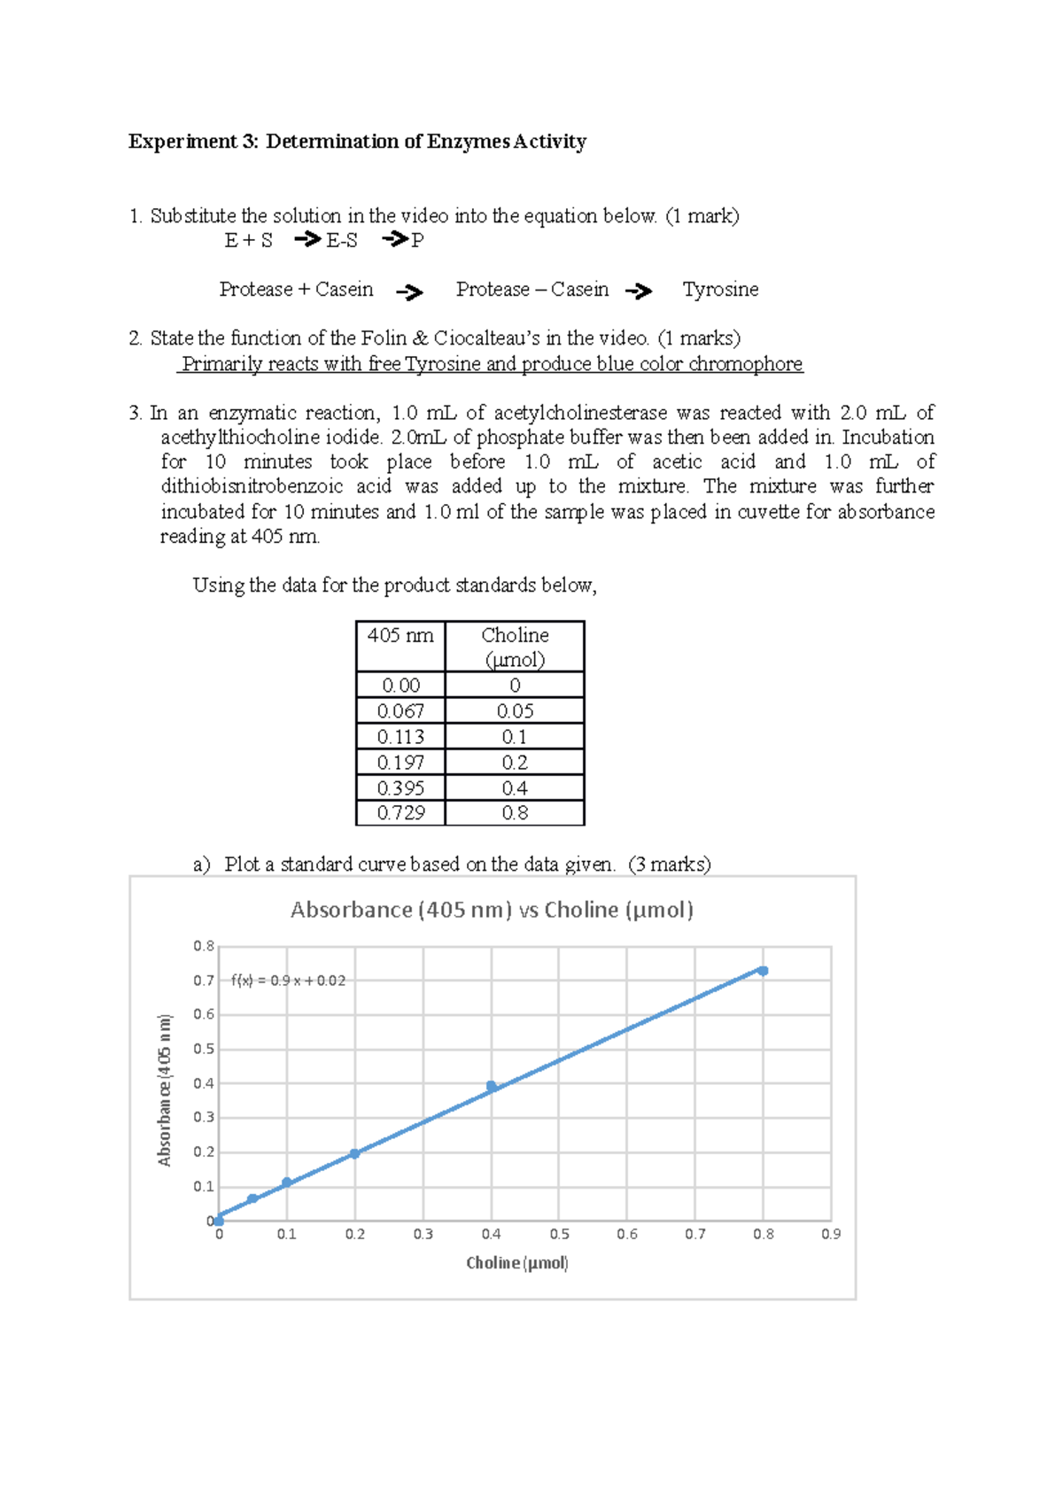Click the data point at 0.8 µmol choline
point(763,971)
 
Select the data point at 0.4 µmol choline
point(492,1086)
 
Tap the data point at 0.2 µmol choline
point(354,1153)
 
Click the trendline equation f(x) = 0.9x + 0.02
point(288,981)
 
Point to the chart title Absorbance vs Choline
point(492,910)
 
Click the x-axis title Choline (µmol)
point(517,1262)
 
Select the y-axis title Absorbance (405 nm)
point(165,1089)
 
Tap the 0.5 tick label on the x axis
point(559,1234)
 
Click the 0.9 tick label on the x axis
point(831,1234)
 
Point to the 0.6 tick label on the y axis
point(204,1014)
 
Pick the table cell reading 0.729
point(400,813)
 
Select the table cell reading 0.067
point(400,711)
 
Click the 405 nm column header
point(400,636)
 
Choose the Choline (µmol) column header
point(515,647)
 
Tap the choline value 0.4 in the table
point(515,788)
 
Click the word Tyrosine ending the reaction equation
point(720,290)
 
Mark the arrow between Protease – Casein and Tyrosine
point(639,291)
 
